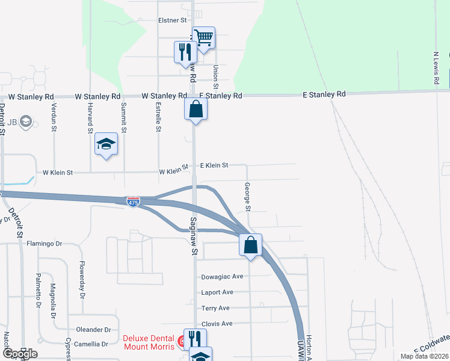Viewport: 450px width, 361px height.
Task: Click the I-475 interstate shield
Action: coord(134,202)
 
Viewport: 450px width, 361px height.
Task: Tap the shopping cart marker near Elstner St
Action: coord(204,38)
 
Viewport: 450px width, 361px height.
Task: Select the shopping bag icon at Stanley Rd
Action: coord(196,110)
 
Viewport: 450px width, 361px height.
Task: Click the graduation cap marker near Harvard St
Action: coord(106,144)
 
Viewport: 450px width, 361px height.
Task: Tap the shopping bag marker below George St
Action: coord(251,245)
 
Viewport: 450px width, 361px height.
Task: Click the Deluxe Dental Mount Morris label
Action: coord(149,342)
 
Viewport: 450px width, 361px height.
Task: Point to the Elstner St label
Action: coord(172,20)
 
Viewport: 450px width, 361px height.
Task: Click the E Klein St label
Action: coord(214,165)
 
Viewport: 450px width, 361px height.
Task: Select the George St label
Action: coord(247,197)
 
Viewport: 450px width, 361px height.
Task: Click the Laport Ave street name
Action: coord(218,292)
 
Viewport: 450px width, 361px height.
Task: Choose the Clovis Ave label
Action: coord(218,324)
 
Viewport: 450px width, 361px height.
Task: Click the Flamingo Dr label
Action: coord(45,244)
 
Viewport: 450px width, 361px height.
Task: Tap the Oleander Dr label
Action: coord(94,330)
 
